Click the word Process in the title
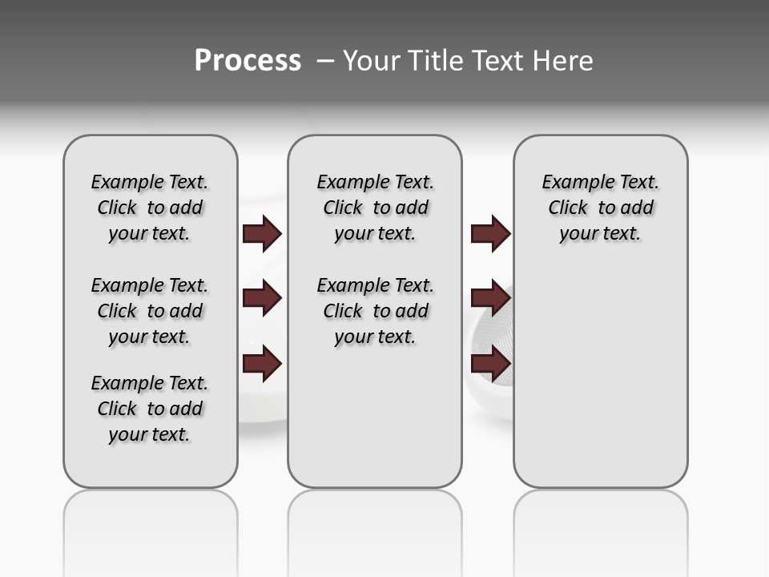tap(248, 61)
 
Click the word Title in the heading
tap(435, 61)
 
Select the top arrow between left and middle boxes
tap(261, 233)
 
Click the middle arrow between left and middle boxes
tap(261, 299)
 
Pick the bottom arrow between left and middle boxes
tap(261, 365)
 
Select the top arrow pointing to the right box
tap(490, 233)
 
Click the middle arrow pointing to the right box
tap(490, 299)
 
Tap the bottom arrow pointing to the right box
tap(490, 365)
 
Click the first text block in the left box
tap(150, 208)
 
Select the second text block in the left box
tap(150, 311)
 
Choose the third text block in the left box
tap(150, 409)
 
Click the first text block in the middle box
tap(375, 208)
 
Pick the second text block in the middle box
tap(375, 311)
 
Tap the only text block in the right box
tap(600, 208)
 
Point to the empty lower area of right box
tap(600, 385)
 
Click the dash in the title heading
tap(324, 61)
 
